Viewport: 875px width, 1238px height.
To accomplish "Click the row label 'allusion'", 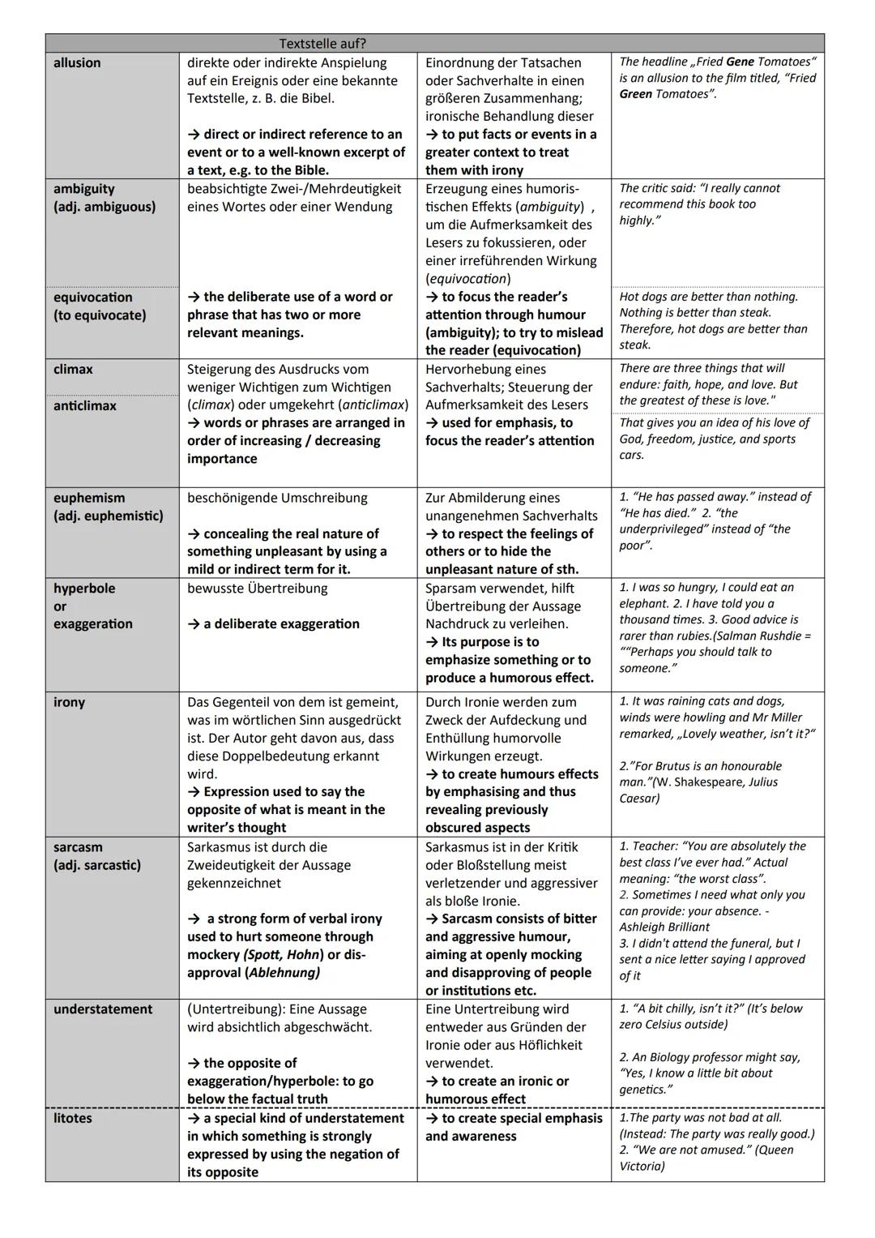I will point(77,63).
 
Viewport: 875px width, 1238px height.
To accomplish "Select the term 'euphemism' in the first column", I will point(89,498).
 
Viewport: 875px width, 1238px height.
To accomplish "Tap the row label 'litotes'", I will point(73,1118).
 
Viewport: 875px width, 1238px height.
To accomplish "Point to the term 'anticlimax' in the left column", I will point(85,405).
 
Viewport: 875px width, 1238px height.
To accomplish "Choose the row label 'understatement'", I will point(103,1009).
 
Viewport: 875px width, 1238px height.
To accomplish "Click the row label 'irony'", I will point(69,702).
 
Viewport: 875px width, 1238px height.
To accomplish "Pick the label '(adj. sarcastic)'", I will point(97,865).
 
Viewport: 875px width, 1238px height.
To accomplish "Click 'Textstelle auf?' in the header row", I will point(322,44).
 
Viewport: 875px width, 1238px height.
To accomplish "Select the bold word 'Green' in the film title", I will point(636,94).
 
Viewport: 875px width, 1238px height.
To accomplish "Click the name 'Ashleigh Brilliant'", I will point(664,927).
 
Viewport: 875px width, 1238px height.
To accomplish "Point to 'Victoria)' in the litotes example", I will point(642,1166).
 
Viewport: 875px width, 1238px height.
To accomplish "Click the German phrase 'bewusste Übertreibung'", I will point(258,589).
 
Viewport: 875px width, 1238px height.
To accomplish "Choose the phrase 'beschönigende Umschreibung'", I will point(277,498).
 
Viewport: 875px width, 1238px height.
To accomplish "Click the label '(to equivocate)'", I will point(100,315).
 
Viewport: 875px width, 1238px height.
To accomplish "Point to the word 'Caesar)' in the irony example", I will point(639,798).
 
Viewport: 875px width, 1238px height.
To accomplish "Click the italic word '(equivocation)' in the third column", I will point(468,279).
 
